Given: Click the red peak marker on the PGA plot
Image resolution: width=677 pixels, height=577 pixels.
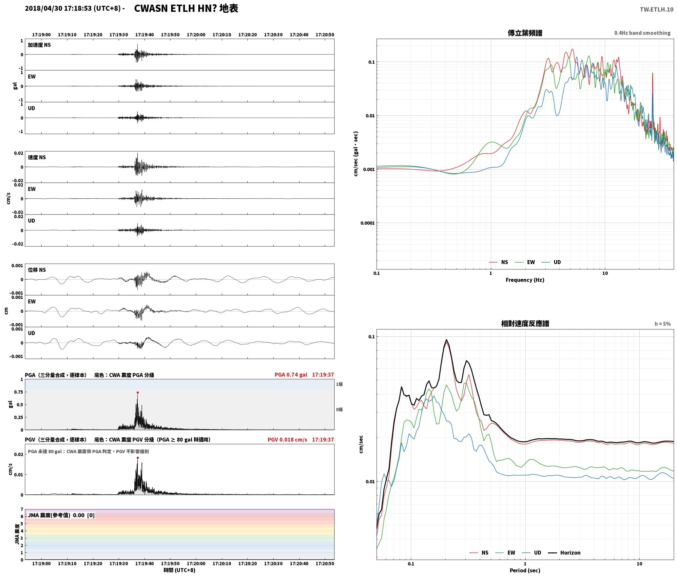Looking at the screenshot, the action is pos(138,392).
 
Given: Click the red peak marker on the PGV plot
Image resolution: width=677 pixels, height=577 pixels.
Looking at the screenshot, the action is pos(138,458).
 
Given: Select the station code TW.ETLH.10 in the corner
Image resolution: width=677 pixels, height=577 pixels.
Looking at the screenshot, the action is pos(657,9).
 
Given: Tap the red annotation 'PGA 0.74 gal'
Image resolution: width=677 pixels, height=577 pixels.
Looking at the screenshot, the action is pos(291,375).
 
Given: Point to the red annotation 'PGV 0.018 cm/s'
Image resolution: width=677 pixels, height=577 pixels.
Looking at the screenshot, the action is pos(287,440).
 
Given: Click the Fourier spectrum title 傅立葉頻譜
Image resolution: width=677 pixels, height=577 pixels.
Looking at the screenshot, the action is pos(525,33).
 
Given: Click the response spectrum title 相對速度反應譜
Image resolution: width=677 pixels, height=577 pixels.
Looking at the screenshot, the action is pos(525,324).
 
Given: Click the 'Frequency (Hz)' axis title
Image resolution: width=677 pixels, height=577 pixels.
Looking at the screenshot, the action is pos(525,280).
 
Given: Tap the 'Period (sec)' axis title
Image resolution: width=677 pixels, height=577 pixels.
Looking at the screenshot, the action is pos(525,570).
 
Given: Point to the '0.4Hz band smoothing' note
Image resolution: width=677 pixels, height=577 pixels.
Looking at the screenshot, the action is pos(642,33).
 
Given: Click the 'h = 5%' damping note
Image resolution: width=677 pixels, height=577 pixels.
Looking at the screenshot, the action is pos(663,324).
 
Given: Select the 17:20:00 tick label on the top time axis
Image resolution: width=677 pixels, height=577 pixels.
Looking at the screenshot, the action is pos(196,34).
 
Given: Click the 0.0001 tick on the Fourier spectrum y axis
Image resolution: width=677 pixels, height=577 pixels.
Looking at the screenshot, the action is pos(367,223).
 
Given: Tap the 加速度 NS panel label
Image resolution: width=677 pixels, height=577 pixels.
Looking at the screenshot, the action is pos(39,45).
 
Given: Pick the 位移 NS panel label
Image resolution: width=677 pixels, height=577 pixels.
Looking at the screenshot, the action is pos(37,270).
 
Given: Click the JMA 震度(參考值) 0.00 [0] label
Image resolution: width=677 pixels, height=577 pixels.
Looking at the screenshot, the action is pos(61,515).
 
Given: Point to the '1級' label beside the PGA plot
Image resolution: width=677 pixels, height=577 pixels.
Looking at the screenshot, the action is pos(339,384).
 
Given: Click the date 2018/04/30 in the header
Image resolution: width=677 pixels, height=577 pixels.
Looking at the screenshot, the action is pos(44,9).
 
